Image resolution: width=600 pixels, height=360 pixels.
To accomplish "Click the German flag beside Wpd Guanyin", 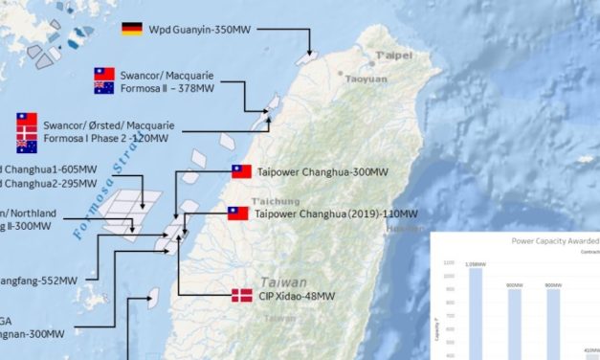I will click(x=132, y=29).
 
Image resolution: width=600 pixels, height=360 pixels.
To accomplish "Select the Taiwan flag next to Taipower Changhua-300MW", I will click(x=242, y=172).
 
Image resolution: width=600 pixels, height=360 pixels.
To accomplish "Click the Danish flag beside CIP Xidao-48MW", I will click(x=242, y=296).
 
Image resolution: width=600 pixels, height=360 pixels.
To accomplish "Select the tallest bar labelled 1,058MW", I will click(x=476, y=316).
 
